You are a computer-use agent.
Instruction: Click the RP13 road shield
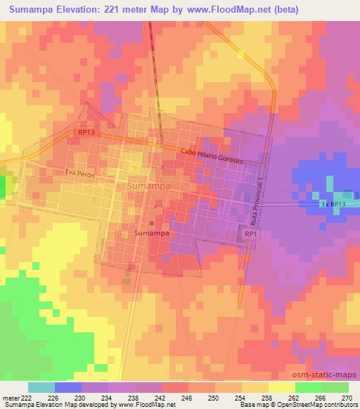point(86,131)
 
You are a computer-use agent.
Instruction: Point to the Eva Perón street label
point(79,172)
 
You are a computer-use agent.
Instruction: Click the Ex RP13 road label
point(335,204)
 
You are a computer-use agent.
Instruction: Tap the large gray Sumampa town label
point(149,186)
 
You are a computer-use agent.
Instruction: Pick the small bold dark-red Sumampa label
point(150,231)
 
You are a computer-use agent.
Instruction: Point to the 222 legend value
point(27,398)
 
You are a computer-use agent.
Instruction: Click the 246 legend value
point(187,398)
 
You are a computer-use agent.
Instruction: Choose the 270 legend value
point(347,398)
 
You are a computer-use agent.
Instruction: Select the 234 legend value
point(107,398)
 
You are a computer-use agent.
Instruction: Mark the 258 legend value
point(267,398)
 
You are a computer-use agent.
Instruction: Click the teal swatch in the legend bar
point(41,387)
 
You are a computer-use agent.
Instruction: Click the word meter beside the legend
point(11,398)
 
